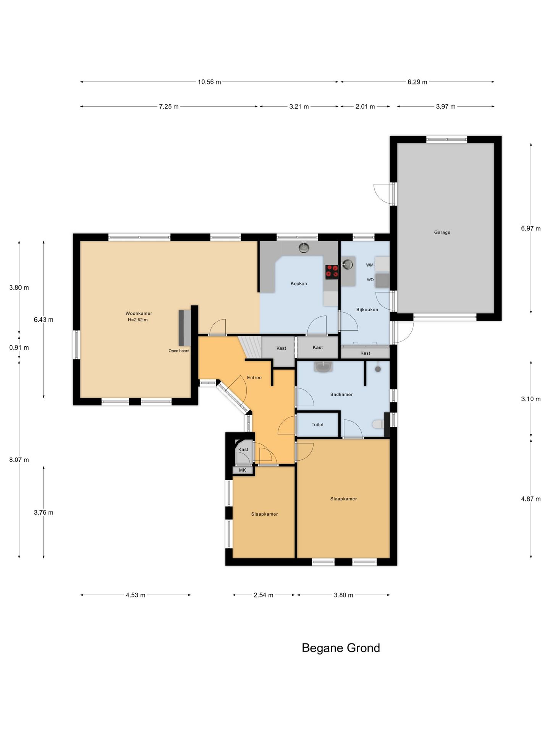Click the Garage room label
coord(442,232)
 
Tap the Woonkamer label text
coord(139,313)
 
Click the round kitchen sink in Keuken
coord(304,248)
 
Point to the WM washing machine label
coord(370,265)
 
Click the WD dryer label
coord(370,280)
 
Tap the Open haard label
coord(179,351)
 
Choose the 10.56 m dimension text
coord(209,82)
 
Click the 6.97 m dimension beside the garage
coord(531,229)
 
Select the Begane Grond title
coord(341,648)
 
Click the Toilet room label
coord(317,424)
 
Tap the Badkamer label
coord(341,394)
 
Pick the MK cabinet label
coord(243,470)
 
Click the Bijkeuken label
coord(367,309)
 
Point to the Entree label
coord(254,377)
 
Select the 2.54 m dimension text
coord(264,595)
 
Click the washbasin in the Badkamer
coord(324,366)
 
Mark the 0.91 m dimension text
coord(19,348)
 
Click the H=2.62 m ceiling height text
coord(137,320)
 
